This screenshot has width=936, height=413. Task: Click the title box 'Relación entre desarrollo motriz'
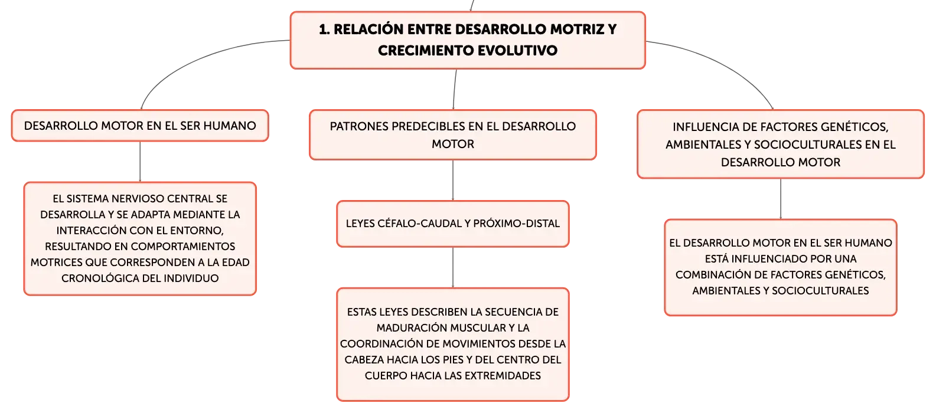point(468,40)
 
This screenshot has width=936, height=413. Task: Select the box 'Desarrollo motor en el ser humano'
point(140,126)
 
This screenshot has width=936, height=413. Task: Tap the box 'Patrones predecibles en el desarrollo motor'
point(453,135)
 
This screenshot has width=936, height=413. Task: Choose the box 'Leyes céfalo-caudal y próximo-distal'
point(453,224)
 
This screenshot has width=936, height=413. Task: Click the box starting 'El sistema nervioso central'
point(140,238)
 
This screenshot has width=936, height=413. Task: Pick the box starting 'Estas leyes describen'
point(453,345)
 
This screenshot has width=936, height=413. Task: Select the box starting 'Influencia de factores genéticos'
point(781,144)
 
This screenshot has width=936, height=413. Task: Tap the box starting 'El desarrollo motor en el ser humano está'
point(781,267)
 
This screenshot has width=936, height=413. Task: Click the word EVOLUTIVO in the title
point(517,51)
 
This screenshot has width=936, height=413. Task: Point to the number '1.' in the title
point(324,29)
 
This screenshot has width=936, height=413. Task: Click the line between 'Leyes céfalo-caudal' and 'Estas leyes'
point(453,267)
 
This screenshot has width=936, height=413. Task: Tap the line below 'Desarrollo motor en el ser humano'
point(140,162)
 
